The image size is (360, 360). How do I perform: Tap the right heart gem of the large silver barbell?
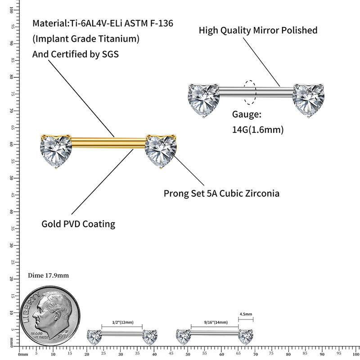tap(309, 100)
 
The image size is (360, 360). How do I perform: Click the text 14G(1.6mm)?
tap(257, 130)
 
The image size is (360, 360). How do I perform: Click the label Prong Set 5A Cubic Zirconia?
tap(221, 193)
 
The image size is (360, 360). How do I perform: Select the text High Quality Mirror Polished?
tap(258, 31)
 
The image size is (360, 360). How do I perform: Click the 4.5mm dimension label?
tap(246, 314)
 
